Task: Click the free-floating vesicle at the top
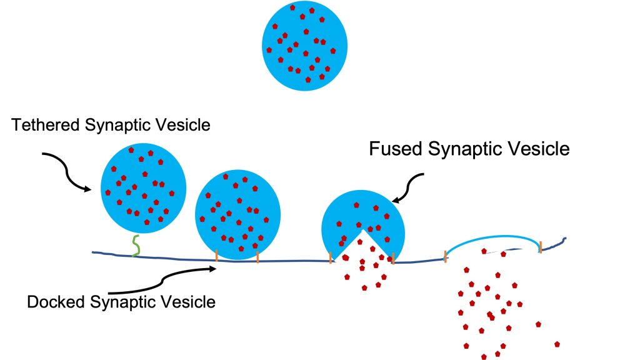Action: (x=304, y=47)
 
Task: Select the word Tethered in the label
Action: (x=44, y=125)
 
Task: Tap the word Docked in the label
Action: (x=57, y=302)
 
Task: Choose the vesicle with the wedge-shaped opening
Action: (x=362, y=216)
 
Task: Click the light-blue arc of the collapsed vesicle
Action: (x=494, y=237)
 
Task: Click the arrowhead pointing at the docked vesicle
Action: (x=212, y=269)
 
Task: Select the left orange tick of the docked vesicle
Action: (x=216, y=255)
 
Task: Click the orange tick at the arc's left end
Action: (x=445, y=255)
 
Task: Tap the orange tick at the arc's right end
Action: (x=540, y=246)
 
